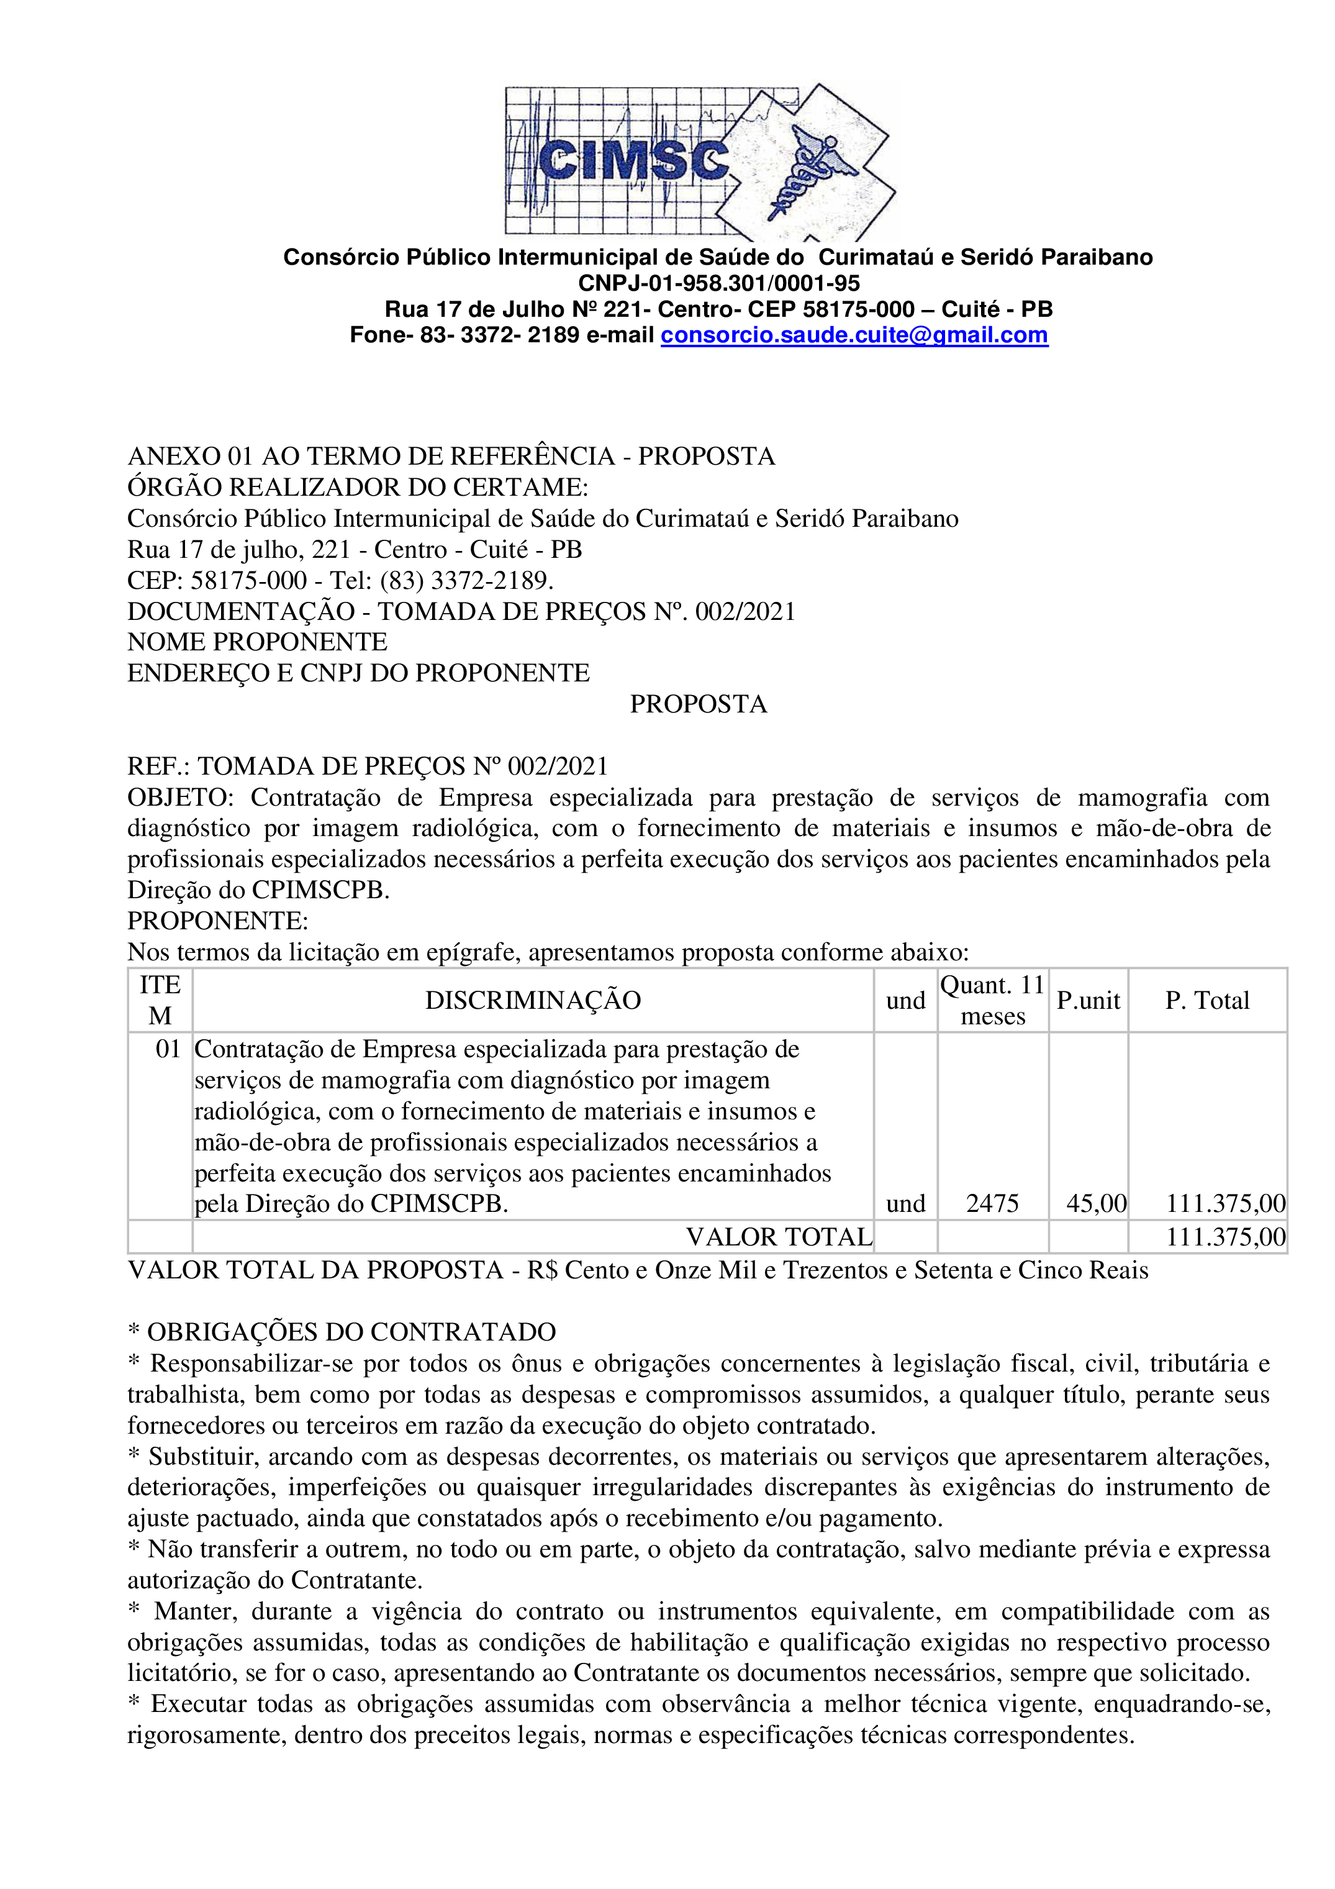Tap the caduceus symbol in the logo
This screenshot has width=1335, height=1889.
tap(810, 169)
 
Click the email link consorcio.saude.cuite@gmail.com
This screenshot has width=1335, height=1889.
tap(854, 335)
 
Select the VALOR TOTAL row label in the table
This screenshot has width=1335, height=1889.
tap(779, 1237)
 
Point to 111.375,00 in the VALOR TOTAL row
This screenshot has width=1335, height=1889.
tap(1224, 1237)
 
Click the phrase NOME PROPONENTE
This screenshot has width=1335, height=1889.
tap(258, 642)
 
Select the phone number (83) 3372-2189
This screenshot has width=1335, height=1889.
tap(464, 580)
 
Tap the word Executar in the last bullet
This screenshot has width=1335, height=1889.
tap(197, 1704)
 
